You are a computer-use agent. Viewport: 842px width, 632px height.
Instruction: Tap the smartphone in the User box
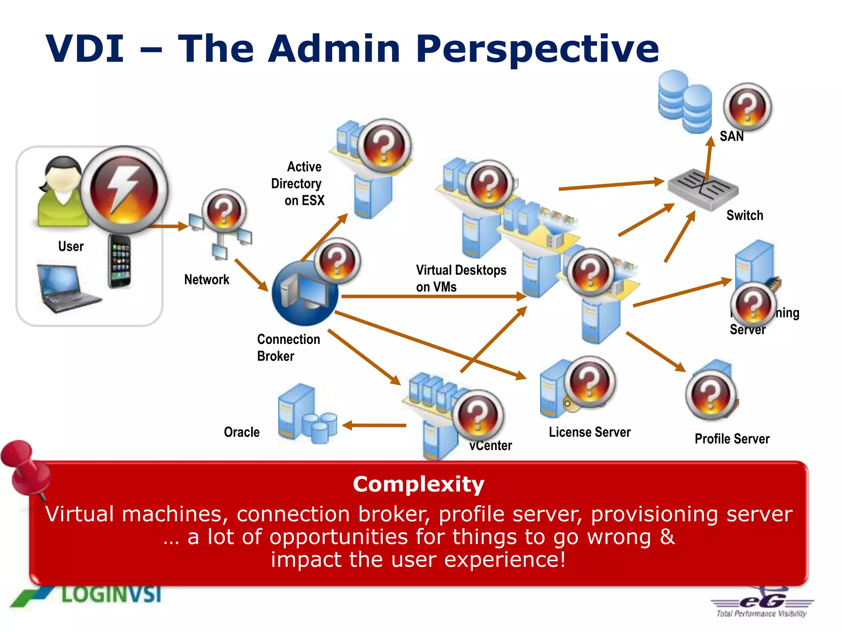click(120, 261)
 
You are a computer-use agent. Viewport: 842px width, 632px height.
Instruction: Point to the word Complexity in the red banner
click(419, 484)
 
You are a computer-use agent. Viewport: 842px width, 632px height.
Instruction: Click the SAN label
click(731, 136)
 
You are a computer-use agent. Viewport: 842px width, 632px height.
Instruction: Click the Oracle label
click(242, 432)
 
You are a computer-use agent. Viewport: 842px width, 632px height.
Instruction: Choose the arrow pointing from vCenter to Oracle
click(374, 425)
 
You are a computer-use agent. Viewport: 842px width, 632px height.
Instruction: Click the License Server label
click(590, 432)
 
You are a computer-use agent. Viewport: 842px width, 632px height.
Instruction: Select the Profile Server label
click(732, 439)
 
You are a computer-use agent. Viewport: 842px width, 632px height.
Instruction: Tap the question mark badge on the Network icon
click(224, 211)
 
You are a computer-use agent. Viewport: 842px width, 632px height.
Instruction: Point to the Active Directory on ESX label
click(298, 184)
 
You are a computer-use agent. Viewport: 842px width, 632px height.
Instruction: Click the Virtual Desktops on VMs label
click(460, 278)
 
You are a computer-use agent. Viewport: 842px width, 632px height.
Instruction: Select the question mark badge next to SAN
click(747, 107)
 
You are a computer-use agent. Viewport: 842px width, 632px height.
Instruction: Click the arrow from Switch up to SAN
click(709, 158)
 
